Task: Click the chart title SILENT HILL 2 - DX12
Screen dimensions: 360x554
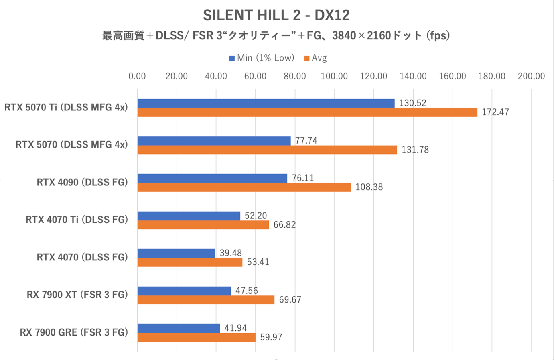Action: click(276, 16)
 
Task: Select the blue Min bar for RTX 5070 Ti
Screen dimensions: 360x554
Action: click(266, 103)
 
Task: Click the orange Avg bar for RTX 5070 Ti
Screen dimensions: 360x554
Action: click(307, 112)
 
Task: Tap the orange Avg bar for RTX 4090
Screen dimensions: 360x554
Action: click(244, 187)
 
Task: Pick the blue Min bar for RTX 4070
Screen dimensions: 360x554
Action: click(176, 253)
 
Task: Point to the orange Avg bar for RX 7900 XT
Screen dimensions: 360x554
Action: click(206, 300)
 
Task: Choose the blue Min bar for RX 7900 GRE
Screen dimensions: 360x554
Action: click(179, 328)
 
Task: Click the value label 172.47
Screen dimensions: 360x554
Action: click(495, 112)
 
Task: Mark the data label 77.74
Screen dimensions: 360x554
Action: click(306, 141)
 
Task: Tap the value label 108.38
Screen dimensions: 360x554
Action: click(369, 187)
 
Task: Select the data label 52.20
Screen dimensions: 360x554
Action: click(256, 216)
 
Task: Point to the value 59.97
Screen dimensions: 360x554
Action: click(271, 337)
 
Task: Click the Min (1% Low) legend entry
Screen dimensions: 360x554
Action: click(262, 58)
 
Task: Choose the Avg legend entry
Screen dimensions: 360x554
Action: click(316, 58)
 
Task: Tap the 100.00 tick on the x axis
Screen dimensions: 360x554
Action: click(334, 76)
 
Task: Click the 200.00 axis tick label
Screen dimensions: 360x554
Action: click(531, 76)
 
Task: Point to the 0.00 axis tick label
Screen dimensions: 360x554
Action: click(137, 76)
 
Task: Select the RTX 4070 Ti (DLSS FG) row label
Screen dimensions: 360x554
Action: click(77, 220)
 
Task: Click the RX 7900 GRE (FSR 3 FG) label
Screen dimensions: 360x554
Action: click(74, 332)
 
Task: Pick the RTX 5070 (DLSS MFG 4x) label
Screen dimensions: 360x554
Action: click(71, 145)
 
